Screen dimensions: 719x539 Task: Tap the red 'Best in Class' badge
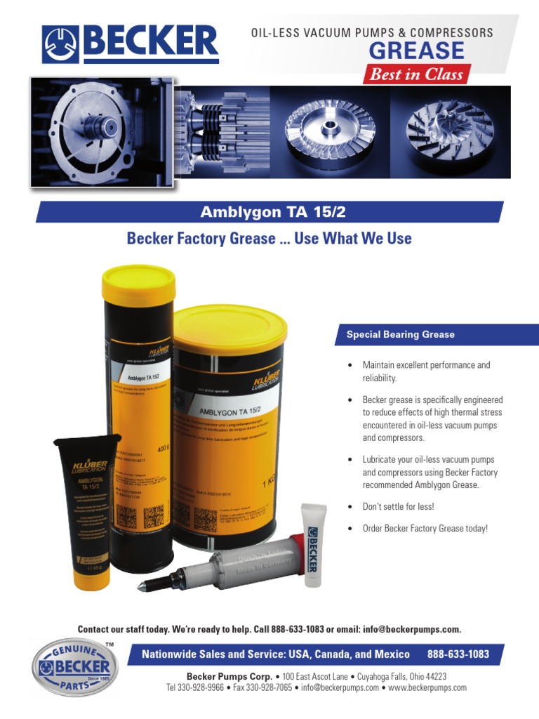[x=416, y=74]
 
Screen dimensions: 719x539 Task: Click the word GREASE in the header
[x=416, y=51]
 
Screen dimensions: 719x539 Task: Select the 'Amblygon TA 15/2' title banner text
[x=269, y=212]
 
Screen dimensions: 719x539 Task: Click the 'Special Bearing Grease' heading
[x=401, y=335]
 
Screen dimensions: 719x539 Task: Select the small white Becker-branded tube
[x=311, y=545]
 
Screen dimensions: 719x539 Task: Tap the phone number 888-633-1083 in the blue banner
[x=458, y=654]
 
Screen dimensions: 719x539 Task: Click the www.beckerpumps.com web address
[x=427, y=687]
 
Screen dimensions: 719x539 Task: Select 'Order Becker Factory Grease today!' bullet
[x=425, y=528]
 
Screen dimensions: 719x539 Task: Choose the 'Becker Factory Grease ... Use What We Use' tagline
[x=269, y=239]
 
